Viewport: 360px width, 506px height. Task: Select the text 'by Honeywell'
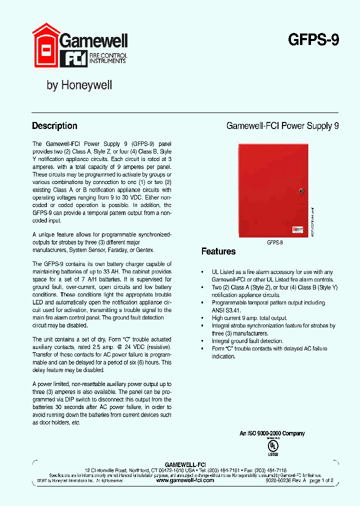point(79,85)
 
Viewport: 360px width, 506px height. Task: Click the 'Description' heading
point(54,126)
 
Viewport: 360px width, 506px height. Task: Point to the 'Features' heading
point(218,251)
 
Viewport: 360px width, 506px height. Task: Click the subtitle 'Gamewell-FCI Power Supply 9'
point(282,126)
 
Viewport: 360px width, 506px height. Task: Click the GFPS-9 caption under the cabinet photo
point(274,241)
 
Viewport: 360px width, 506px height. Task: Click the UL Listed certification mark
point(273,446)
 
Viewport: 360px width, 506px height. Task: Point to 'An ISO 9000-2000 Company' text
point(272,433)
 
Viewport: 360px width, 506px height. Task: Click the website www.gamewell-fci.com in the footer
point(185,480)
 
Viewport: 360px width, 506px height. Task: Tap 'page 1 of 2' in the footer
point(321,480)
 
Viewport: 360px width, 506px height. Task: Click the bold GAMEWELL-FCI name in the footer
point(185,464)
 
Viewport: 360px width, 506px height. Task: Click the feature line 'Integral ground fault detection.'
point(247,341)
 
